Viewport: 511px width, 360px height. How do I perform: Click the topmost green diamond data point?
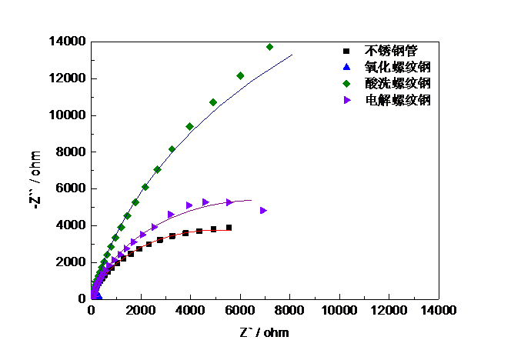click(x=269, y=47)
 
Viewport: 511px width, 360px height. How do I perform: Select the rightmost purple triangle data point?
click(x=263, y=210)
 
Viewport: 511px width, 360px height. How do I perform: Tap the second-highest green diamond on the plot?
click(x=240, y=75)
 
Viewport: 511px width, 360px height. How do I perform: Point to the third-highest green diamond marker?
click(x=213, y=102)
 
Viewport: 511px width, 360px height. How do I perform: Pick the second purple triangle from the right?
click(x=229, y=202)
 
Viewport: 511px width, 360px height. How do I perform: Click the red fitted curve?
click(x=192, y=233)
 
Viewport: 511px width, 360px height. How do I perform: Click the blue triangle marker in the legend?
click(x=347, y=66)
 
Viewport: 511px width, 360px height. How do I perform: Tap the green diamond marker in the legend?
click(x=347, y=83)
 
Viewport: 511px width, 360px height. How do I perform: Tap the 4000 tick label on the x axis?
click(x=190, y=310)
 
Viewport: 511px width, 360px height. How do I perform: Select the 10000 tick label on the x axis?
click(x=339, y=310)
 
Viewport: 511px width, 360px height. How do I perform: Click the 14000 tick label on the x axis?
click(x=438, y=310)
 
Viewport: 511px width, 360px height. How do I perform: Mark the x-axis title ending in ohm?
click(x=266, y=333)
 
